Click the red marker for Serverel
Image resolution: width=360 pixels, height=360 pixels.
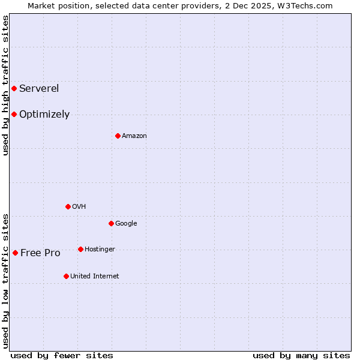[14, 89]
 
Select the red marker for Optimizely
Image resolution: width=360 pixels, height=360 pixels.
[14, 114]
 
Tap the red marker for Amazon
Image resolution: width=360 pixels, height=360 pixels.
[118, 136]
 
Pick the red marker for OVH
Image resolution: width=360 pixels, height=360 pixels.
[68, 206]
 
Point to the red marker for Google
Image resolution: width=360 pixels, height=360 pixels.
[111, 223]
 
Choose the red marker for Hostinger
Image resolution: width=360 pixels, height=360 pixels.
[80, 249]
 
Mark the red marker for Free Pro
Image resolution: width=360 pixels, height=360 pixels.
[15, 253]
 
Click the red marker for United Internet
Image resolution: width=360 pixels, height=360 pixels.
[66, 276]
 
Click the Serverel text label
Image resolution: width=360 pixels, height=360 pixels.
[39, 89]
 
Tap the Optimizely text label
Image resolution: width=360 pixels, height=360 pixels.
[44, 115]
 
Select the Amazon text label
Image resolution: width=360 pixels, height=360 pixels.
[134, 136]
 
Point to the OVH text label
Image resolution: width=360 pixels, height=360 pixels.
[79, 207]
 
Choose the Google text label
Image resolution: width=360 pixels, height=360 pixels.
[126, 224]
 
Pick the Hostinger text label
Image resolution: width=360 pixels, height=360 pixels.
[100, 250]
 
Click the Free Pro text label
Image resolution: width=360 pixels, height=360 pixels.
[40, 253]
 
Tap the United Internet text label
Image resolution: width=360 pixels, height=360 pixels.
[95, 277]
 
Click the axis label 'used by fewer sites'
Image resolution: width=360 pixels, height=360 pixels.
[62, 355]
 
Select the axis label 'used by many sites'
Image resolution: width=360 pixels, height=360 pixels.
[301, 355]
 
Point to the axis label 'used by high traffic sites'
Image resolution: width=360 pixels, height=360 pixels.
[5, 85]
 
